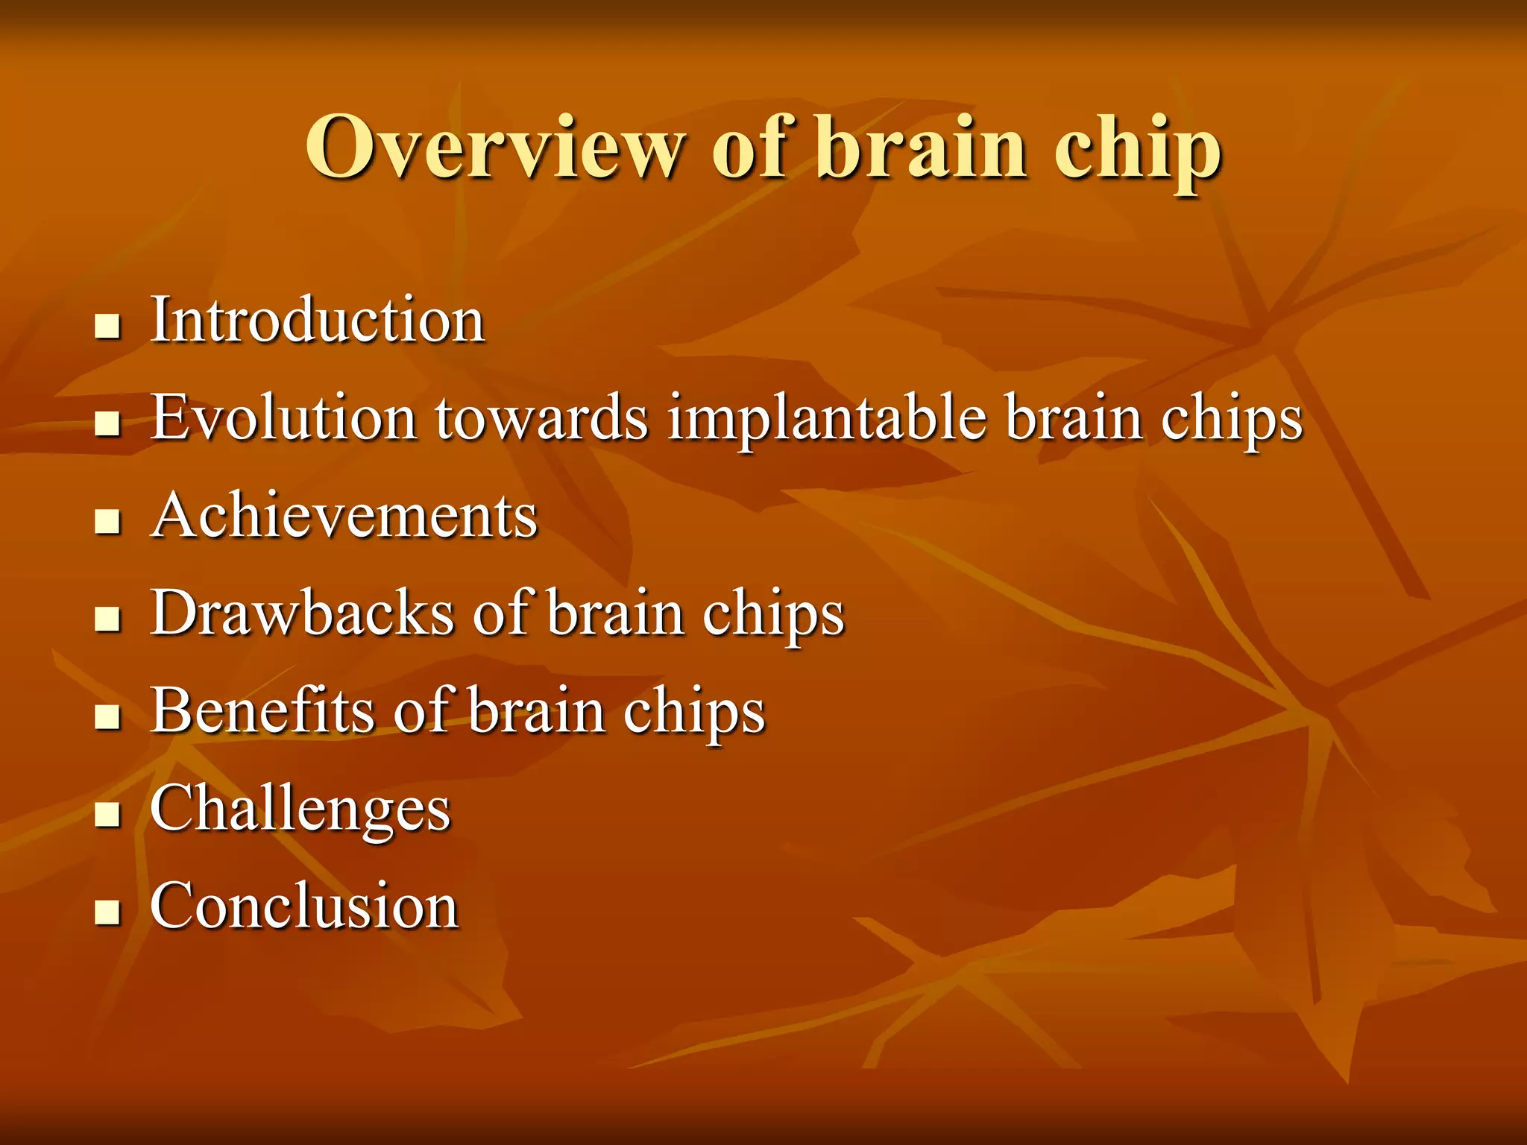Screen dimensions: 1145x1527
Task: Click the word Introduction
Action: tap(318, 320)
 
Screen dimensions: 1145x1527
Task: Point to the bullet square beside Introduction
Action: tap(108, 327)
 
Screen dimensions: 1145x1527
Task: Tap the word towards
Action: tap(542, 417)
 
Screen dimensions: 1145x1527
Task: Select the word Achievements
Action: tap(344, 515)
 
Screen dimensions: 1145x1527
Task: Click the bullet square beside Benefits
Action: tap(108, 717)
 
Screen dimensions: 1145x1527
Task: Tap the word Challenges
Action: tap(300, 810)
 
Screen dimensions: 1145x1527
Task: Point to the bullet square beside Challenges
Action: tap(108, 815)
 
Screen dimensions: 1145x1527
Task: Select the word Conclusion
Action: tap(304, 905)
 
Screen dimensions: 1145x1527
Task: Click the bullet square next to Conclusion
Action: tap(108, 912)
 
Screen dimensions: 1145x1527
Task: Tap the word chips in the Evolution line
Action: tap(1231, 420)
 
